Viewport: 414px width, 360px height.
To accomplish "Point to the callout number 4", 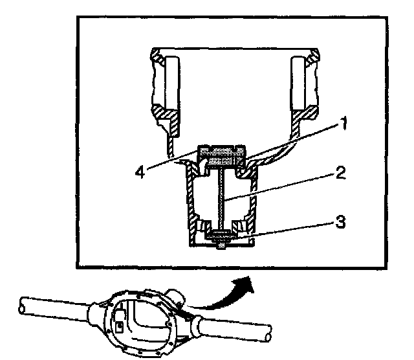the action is pyautogui.click(x=144, y=171).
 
